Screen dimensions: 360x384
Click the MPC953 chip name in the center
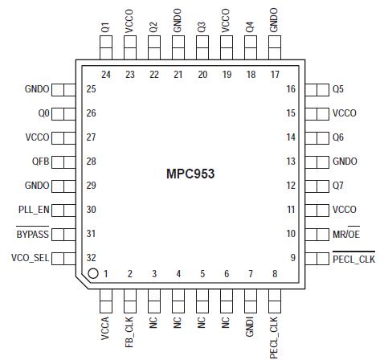tap(192, 173)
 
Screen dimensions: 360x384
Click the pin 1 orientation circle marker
tap(93, 274)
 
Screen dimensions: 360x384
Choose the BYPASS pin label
tap(33, 234)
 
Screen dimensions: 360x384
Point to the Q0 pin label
tap(43, 113)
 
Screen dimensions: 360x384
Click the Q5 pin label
tap(338, 89)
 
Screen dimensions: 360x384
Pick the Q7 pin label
tap(338, 186)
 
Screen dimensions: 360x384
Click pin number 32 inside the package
tap(91, 258)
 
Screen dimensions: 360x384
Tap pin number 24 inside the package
tap(105, 75)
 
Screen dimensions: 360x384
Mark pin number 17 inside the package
tap(275, 75)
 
